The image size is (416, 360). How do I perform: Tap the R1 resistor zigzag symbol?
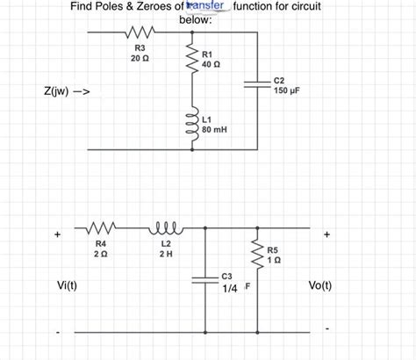click(x=188, y=60)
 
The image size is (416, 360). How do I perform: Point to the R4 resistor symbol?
click(x=101, y=227)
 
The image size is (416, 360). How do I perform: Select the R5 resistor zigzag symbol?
click(x=258, y=255)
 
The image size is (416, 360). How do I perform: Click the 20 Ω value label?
click(x=140, y=58)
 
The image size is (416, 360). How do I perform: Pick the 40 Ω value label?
click(x=211, y=65)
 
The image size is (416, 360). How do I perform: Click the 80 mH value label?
click(x=214, y=129)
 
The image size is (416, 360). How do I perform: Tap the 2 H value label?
click(x=166, y=254)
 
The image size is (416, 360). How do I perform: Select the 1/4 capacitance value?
click(x=231, y=288)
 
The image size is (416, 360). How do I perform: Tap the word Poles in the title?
click(x=116, y=7)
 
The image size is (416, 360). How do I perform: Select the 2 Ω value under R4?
click(x=101, y=254)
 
